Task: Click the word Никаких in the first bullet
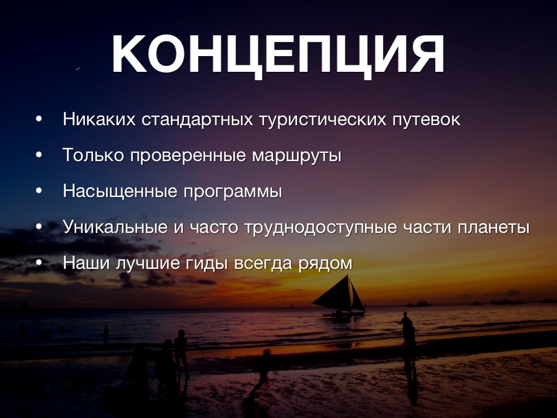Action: (99, 119)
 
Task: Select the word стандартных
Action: (197, 119)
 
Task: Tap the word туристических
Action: (323, 120)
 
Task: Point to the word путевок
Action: (426, 120)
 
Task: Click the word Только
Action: (93, 155)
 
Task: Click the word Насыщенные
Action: (120, 191)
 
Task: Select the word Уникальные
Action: (115, 227)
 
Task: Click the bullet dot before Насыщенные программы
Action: (39, 191)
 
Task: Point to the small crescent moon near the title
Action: (77, 67)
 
